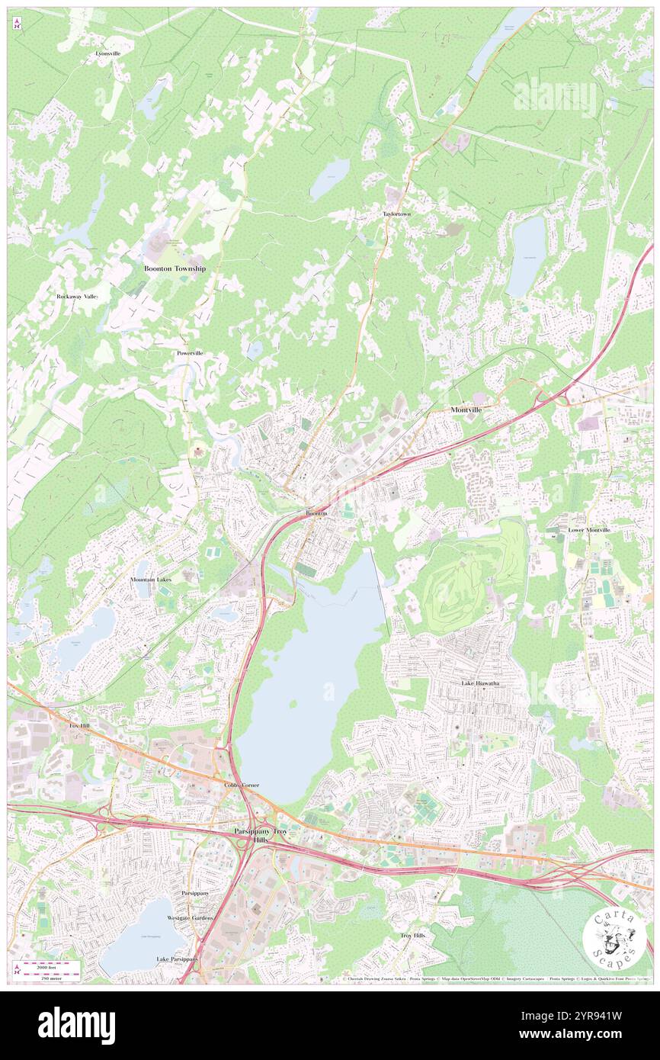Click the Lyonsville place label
107,53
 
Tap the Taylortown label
396,214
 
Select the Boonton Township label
175,268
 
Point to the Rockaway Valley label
78,296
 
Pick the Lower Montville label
588,529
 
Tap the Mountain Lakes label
151,580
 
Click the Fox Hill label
80,726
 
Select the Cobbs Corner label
242,785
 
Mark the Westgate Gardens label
190,918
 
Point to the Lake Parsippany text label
177,959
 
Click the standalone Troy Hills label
412,935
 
